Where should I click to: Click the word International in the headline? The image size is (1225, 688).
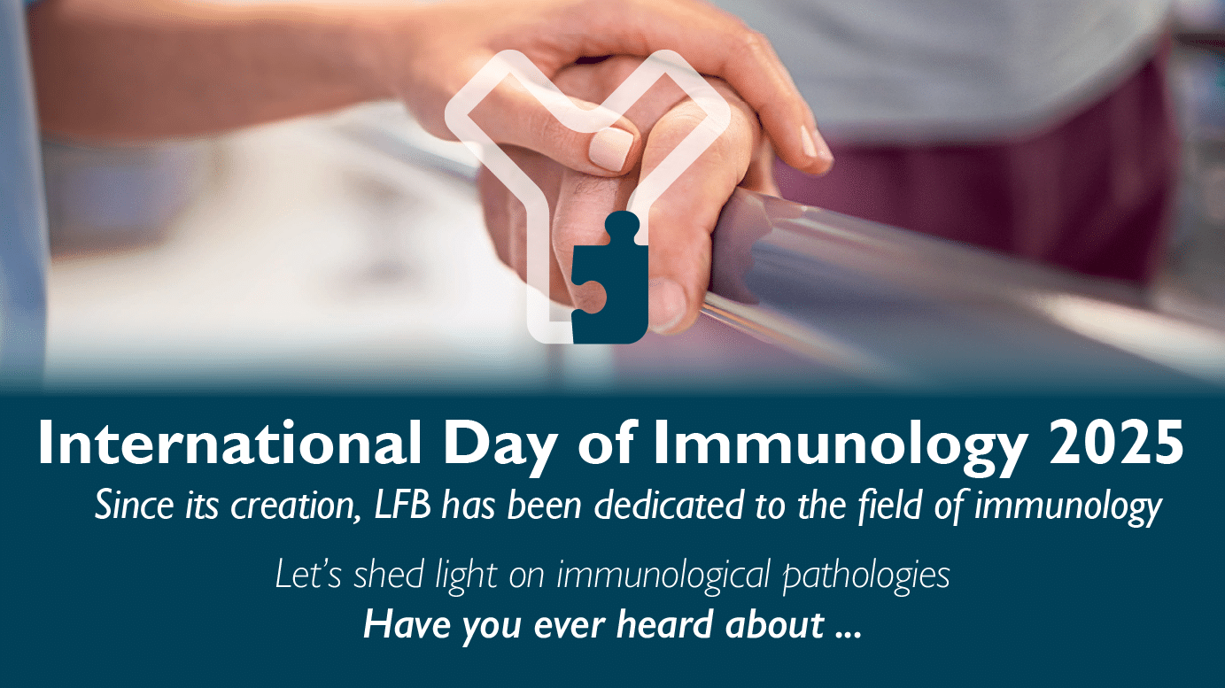click(229, 443)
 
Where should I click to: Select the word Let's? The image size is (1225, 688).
click(308, 575)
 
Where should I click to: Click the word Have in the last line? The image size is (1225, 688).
click(407, 624)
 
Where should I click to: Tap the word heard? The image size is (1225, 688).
click(664, 623)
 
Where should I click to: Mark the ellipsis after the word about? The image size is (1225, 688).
click(849, 634)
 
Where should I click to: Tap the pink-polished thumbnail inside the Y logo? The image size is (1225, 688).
click(610, 148)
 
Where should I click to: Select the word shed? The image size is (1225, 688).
click(388, 575)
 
